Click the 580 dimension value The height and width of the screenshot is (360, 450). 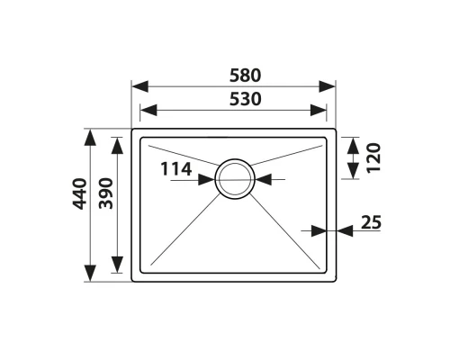(234, 76)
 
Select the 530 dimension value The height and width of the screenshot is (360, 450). (234, 99)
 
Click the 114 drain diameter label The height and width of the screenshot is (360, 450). (176, 168)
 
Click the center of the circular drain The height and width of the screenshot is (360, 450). (235, 179)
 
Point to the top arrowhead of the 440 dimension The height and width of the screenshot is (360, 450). (91, 136)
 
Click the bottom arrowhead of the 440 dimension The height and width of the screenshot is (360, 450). (91, 275)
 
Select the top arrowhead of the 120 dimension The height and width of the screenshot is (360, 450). (351, 143)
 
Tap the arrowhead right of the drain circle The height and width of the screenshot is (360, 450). (262, 180)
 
